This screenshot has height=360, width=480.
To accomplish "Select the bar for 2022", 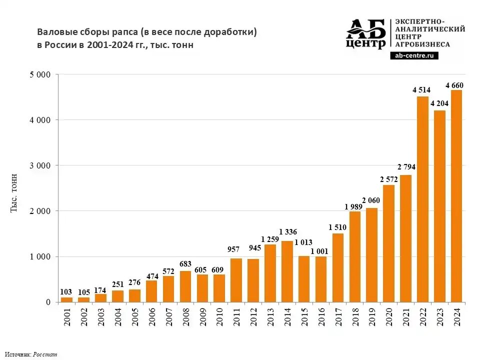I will pyautogui.click(x=422, y=199).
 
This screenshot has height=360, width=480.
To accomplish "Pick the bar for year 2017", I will pyautogui.click(x=338, y=267).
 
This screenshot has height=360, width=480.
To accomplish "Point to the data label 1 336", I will pyautogui.click(x=288, y=231).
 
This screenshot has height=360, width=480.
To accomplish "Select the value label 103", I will pyautogui.click(x=66, y=291).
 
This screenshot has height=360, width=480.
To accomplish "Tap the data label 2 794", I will pyautogui.click(x=406, y=166).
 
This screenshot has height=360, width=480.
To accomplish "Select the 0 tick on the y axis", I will pyautogui.click(x=48, y=302).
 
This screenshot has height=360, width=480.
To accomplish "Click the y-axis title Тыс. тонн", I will pyautogui.click(x=14, y=192).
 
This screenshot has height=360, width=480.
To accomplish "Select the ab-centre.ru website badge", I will pyautogui.click(x=414, y=56).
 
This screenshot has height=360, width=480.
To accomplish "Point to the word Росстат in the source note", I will pyautogui.click(x=45, y=354).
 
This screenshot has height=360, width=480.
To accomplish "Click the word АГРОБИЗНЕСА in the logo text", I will pyautogui.click(x=422, y=44).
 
